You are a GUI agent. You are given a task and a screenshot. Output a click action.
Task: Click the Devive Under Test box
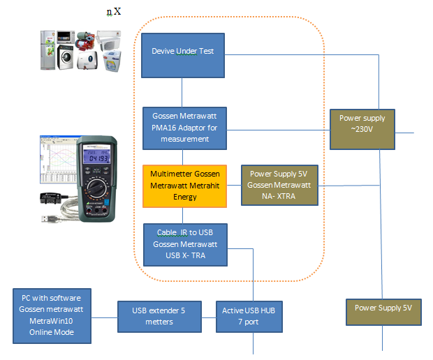[x=183, y=55]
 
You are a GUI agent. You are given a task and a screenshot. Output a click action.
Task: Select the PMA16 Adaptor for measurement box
[x=185, y=128]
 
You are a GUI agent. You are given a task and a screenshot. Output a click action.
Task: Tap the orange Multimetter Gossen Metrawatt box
[x=185, y=186]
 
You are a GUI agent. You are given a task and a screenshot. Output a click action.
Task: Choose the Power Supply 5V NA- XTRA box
[x=279, y=185]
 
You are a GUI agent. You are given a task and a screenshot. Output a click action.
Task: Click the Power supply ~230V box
[x=362, y=129]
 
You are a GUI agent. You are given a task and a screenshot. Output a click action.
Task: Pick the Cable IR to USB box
[x=185, y=245]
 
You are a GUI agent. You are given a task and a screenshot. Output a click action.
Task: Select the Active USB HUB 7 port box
[x=249, y=317]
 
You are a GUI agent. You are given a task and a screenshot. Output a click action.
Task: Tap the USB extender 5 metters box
[x=159, y=317]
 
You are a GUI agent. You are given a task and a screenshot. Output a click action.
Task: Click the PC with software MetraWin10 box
[x=52, y=316]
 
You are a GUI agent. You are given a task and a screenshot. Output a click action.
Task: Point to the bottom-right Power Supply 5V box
[x=383, y=312]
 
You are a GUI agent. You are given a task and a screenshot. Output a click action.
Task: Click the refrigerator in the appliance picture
[x=47, y=50]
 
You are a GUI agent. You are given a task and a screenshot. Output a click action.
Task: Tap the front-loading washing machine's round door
[x=66, y=57]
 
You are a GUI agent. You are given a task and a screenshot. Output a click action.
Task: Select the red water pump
[x=85, y=41]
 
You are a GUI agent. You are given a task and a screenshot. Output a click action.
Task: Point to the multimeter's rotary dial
[x=96, y=188]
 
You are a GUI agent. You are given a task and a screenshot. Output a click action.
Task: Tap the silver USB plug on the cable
[x=50, y=219]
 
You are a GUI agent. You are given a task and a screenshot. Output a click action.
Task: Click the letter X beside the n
[x=117, y=11]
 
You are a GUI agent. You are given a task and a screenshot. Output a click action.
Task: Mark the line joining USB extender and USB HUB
[x=209, y=317]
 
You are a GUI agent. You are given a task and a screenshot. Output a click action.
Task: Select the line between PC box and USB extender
[x=104, y=317]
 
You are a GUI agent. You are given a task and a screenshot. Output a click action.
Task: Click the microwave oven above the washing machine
[x=66, y=37]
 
